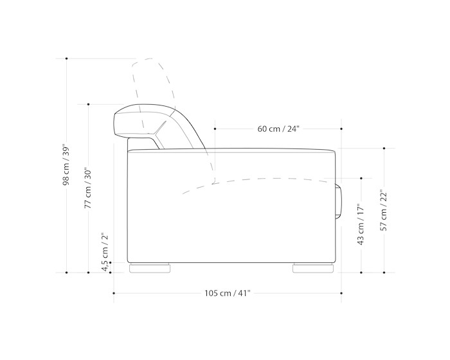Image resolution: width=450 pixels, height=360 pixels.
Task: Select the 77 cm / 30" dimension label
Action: click(x=88, y=188)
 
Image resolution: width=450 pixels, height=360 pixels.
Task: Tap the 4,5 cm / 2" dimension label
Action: click(x=105, y=251)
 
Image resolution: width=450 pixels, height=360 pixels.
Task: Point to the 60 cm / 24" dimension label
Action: click(x=278, y=129)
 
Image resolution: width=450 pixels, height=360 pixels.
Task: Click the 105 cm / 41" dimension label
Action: click(x=228, y=293)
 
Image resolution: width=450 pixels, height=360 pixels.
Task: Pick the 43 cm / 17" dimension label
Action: click(x=361, y=224)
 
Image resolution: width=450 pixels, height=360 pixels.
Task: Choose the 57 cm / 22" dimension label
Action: click(x=384, y=210)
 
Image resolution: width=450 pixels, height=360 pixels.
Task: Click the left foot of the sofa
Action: click(x=150, y=269)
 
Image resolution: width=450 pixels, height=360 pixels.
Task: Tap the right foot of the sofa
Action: click(x=313, y=269)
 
